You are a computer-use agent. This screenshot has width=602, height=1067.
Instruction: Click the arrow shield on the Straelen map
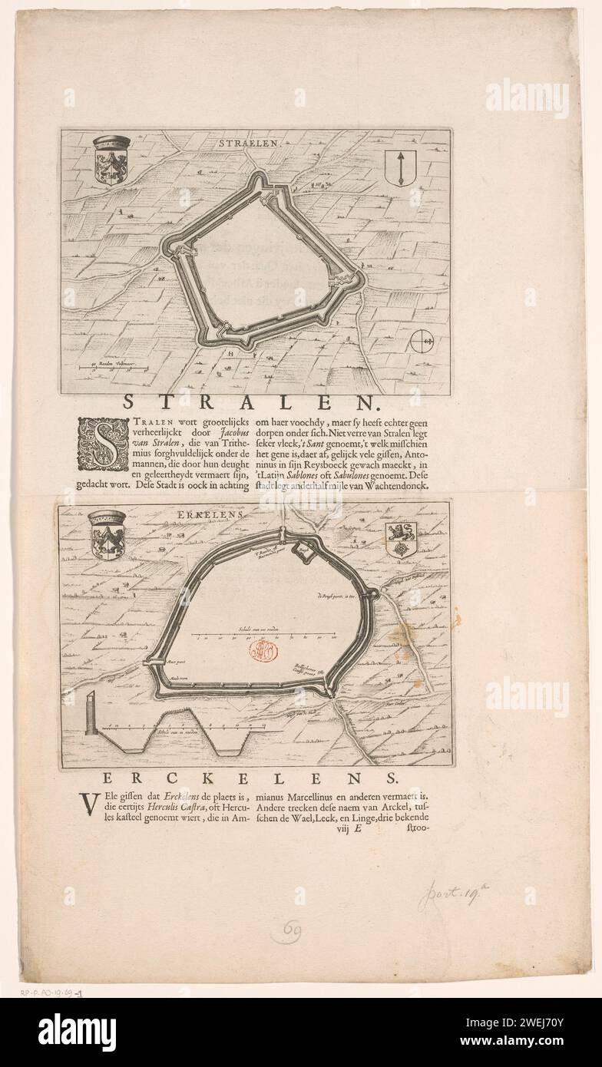(399, 167)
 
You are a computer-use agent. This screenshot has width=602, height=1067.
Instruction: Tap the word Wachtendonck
(395, 486)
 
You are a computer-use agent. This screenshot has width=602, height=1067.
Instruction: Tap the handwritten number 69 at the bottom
(293, 932)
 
